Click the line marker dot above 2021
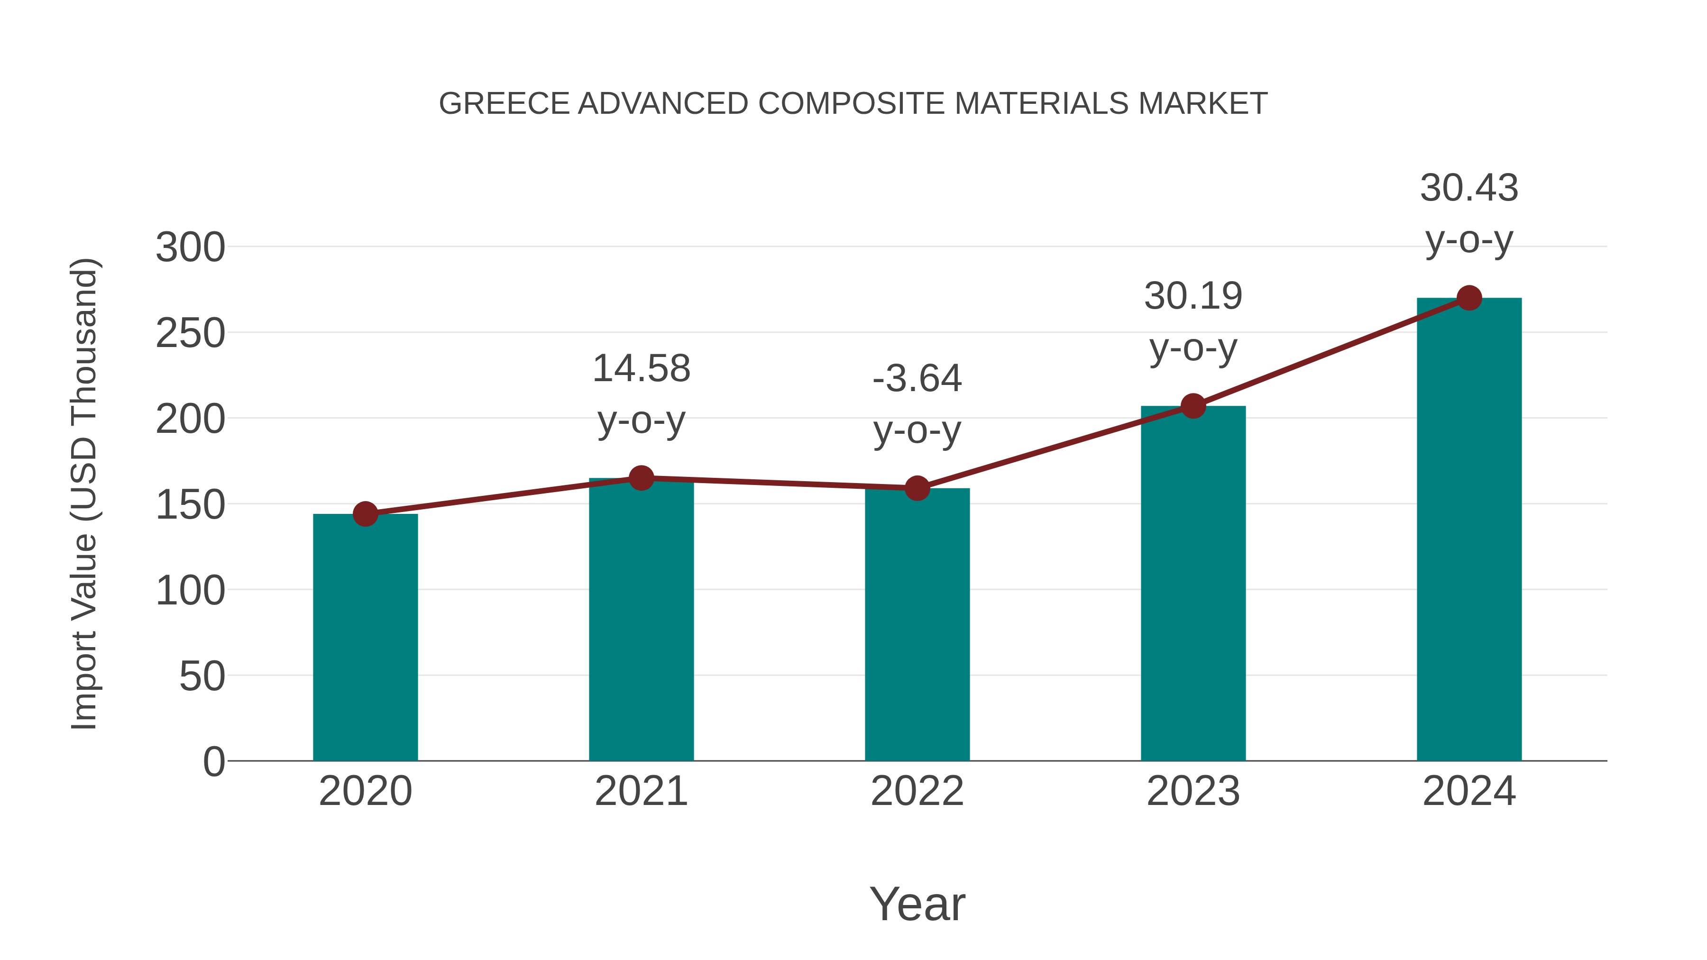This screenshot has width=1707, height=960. point(641,478)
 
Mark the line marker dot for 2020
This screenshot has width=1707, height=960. point(365,513)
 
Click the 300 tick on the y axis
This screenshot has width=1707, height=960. point(190,248)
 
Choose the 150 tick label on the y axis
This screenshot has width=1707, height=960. point(190,505)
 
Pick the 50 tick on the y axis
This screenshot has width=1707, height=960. point(202,677)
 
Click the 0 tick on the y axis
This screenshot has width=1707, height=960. point(213,762)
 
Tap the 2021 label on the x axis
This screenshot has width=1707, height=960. point(641,791)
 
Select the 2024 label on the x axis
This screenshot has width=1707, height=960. point(1469,791)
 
